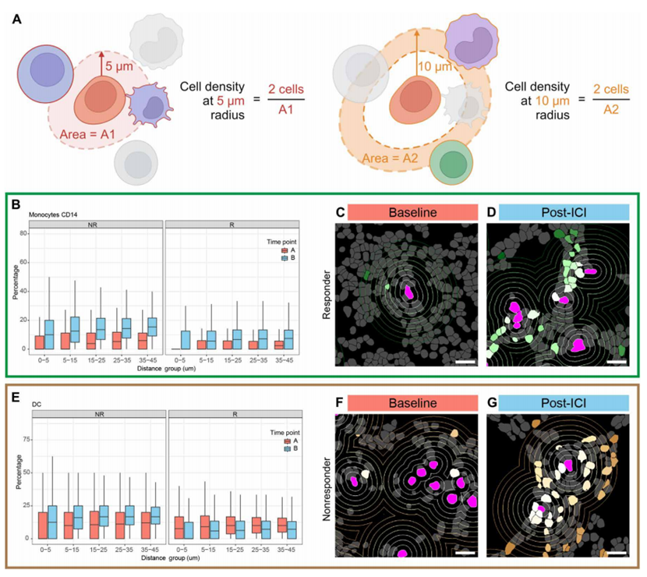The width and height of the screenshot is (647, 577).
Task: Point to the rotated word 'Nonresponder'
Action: click(x=322, y=483)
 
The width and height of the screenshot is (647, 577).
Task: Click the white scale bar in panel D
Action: click(x=614, y=361)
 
